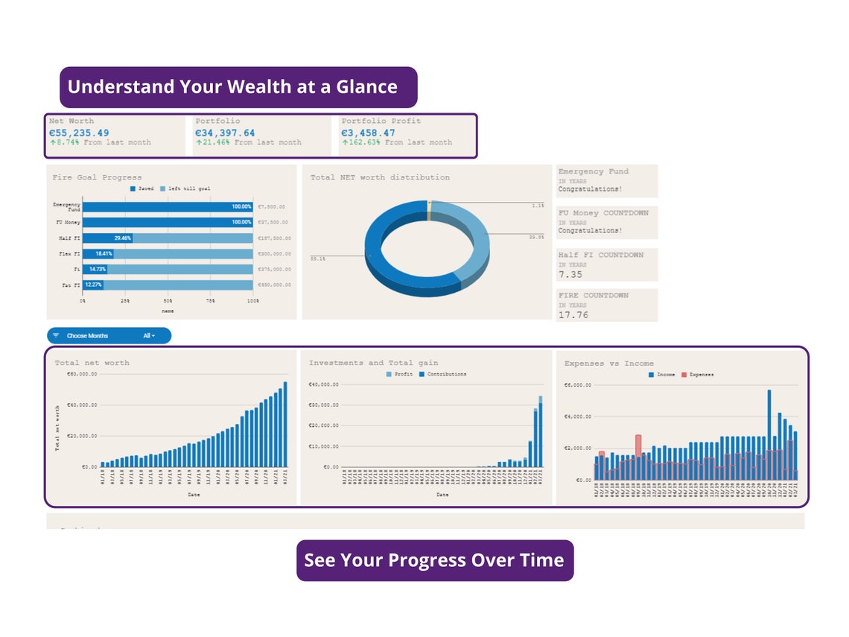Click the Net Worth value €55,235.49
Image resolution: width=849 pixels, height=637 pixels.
(x=79, y=133)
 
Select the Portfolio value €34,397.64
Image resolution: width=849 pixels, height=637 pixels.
(x=225, y=133)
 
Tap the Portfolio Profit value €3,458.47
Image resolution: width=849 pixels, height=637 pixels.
(x=369, y=133)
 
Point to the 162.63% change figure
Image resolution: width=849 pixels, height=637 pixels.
(x=362, y=142)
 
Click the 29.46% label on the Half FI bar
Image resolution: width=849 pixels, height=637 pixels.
(x=123, y=238)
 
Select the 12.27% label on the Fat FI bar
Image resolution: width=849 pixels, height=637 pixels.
(x=93, y=285)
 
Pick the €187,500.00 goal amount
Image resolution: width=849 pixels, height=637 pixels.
(x=274, y=238)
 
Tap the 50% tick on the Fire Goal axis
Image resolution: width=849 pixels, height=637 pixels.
(x=168, y=301)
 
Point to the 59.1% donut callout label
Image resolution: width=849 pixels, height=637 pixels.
(x=317, y=258)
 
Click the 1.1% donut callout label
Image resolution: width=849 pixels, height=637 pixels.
(x=537, y=206)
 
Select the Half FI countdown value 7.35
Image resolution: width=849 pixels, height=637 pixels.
(x=570, y=275)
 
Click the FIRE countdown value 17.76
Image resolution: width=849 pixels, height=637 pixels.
(x=573, y=315)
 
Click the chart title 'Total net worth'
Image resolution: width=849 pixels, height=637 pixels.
(x=92, y=363)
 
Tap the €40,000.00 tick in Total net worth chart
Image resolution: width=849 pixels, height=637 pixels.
(x=82, y=405)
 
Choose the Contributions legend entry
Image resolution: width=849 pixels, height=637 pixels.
(x=447, y=374)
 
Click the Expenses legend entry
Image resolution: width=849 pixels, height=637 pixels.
(x=701, y=375)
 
